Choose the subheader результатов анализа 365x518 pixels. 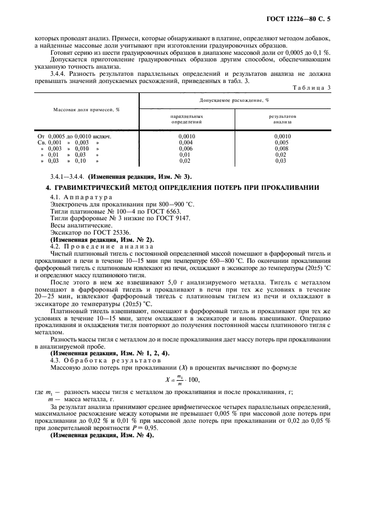pyautogui.click(x=282, y=119)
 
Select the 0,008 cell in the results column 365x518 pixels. pyautogui.click(x=282, y=149)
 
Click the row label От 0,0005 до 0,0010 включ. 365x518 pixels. pyautogui.click(x=75, y=136)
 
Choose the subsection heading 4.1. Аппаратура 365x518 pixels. pyautogui.click(x=81, y=196)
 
